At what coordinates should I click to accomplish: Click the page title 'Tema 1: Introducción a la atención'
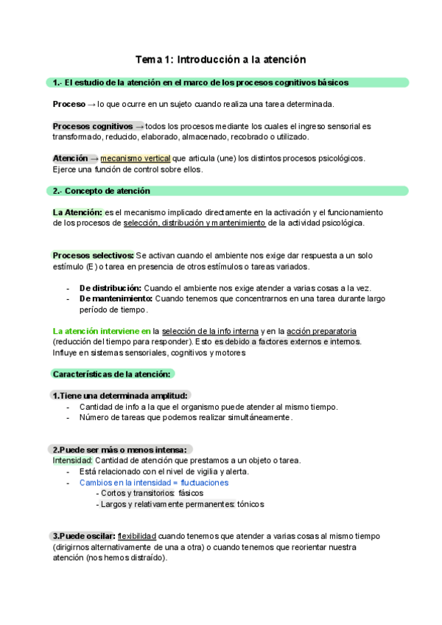tap(220, 58)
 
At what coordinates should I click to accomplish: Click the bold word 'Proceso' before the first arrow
tap(69, 104)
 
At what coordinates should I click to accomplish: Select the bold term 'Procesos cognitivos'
tap(93, 126)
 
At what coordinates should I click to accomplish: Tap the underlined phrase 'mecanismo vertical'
tap(135, 158)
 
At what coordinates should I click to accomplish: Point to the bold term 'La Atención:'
tap(77, 212)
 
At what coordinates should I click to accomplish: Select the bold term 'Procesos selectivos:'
tap(94, 255)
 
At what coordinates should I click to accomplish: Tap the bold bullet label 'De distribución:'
tap(110, 287)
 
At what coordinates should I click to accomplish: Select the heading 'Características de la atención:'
tap(112, 374)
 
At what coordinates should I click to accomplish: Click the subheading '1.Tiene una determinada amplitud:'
tap(121, 396)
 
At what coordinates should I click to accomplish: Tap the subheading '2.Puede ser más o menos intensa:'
tap(121, 450)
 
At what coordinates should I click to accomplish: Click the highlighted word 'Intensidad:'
tap(72, 461)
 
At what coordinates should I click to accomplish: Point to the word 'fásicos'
tap(191, 493)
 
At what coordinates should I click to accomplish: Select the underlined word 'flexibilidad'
tap(136, 536)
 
